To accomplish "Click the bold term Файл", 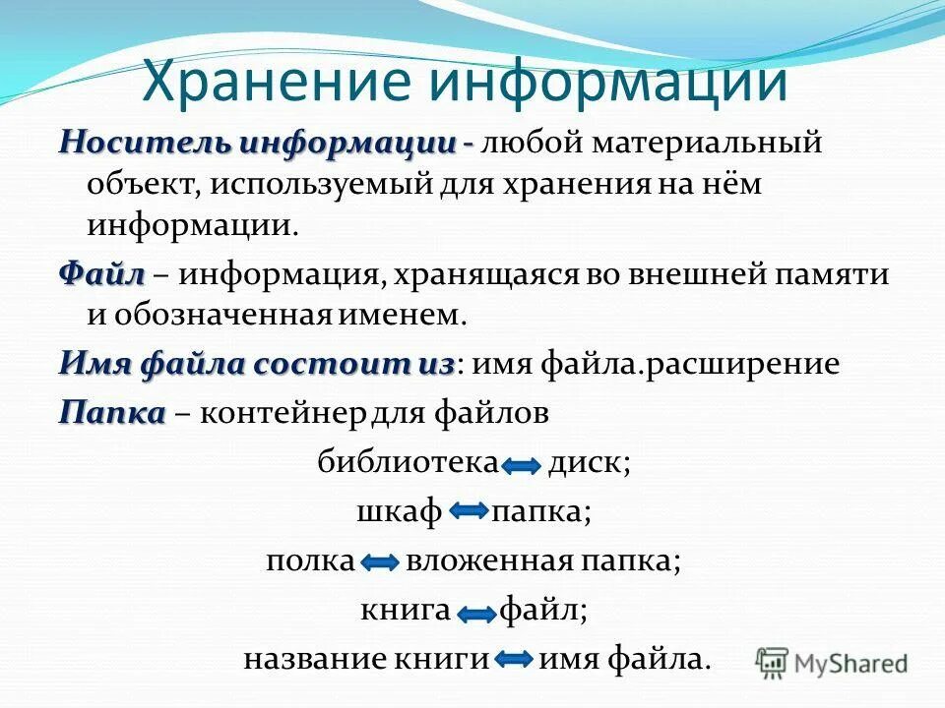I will (101, 274).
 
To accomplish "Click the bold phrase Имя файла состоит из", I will (257, 364).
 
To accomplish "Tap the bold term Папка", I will (111, 413).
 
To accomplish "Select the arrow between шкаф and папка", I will (471, 511).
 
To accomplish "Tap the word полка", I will (310, 560).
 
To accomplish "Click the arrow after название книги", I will (514, 659).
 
